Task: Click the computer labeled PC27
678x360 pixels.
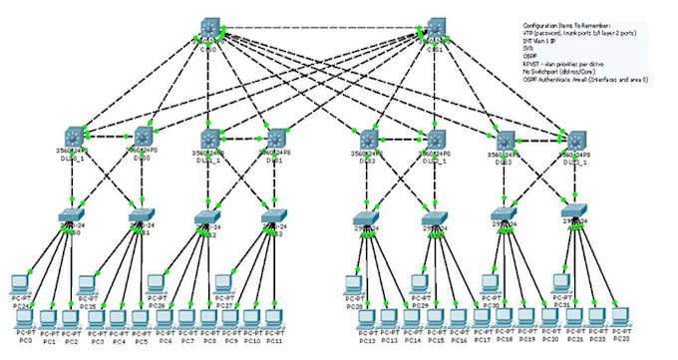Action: coord(225,283)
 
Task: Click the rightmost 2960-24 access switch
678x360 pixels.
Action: coord(574,212)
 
